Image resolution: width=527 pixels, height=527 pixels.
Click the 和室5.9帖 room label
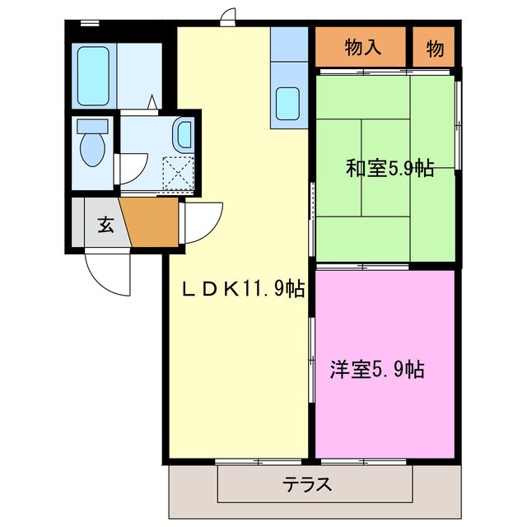click(x=389, y=169)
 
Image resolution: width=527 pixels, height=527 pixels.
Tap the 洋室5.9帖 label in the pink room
click(x=377, y=370)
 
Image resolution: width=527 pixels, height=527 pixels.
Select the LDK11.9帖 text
click(x=243, y=289)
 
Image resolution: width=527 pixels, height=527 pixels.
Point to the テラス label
click(x=308, y=483)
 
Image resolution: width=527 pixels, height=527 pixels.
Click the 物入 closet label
click(x=362, y=48)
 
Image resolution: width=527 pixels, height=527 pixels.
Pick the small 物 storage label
click(x=435, y=49)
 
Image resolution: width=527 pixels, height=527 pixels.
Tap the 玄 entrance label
click(x=106, y=223)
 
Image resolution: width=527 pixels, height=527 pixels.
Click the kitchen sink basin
click(x=290, y=104)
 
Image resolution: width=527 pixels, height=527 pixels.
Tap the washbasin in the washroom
click(x=183, y=133)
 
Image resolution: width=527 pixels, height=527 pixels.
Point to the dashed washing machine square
click(x=179, y=172)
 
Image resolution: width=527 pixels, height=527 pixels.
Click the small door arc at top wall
click(x=228, y=16)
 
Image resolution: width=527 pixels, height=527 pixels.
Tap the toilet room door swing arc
click(x=132, y=168)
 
